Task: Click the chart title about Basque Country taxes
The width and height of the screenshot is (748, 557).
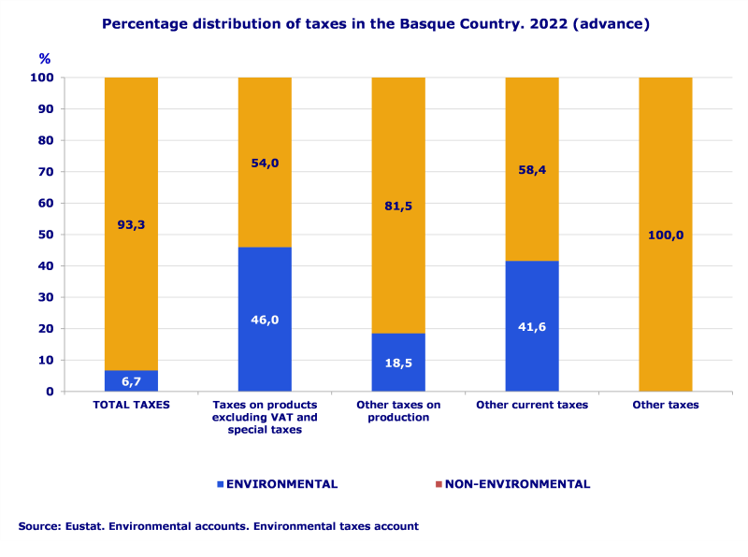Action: coord(375,24)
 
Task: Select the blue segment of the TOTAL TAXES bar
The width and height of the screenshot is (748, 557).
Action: coord(131,380)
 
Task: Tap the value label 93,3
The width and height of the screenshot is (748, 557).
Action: coord(131,224)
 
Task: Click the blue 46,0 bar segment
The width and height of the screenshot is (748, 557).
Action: coord(265,319)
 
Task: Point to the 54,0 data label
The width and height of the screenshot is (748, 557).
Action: coord(265,163)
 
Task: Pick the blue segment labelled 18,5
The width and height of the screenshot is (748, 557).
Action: coord(398,362)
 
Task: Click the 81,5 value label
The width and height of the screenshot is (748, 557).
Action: coord(398,206)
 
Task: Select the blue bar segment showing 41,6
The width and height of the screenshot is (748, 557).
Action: coord(532,326)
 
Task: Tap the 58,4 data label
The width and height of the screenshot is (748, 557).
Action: coord(532,170)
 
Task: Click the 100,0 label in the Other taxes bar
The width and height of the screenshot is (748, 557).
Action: coord(666,235)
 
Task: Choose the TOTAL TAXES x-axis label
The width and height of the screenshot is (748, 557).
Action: coord(131,405)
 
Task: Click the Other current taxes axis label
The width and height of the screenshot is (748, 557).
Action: coord(532,405)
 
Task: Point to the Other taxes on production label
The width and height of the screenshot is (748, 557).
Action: coord(398,410)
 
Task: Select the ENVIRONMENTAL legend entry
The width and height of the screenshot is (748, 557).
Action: coord(281,484)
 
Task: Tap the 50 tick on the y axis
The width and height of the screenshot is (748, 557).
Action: coord(45,235)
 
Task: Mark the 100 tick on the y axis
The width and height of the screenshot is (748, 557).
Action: coord(42,78)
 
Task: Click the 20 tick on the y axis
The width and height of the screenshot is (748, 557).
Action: coord(45,329)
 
